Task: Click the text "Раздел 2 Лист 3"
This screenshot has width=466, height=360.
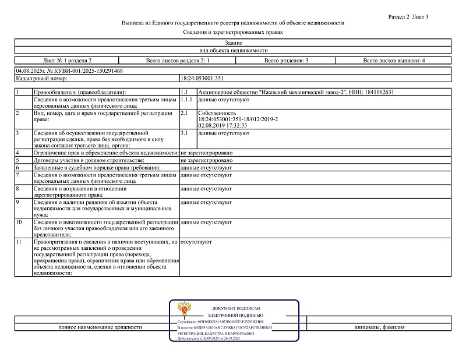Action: (408, 17)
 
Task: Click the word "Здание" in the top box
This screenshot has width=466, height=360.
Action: (233, 43)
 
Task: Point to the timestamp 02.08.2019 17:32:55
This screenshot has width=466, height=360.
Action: (223, 125)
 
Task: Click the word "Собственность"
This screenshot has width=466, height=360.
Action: (217, 113)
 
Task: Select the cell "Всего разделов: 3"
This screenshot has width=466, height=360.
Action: (286, 61)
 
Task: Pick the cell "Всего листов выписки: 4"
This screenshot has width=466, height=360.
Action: (394, 61)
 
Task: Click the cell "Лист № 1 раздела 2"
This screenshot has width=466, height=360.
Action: (68, 61)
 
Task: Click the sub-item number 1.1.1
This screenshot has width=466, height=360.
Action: (187, 100)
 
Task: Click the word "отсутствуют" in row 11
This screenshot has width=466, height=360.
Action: (196, 241)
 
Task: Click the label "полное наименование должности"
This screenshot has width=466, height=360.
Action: (100, 327)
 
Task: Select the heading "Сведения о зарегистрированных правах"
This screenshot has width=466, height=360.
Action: (233, 32)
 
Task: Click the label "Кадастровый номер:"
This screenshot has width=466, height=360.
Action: (42, 77)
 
